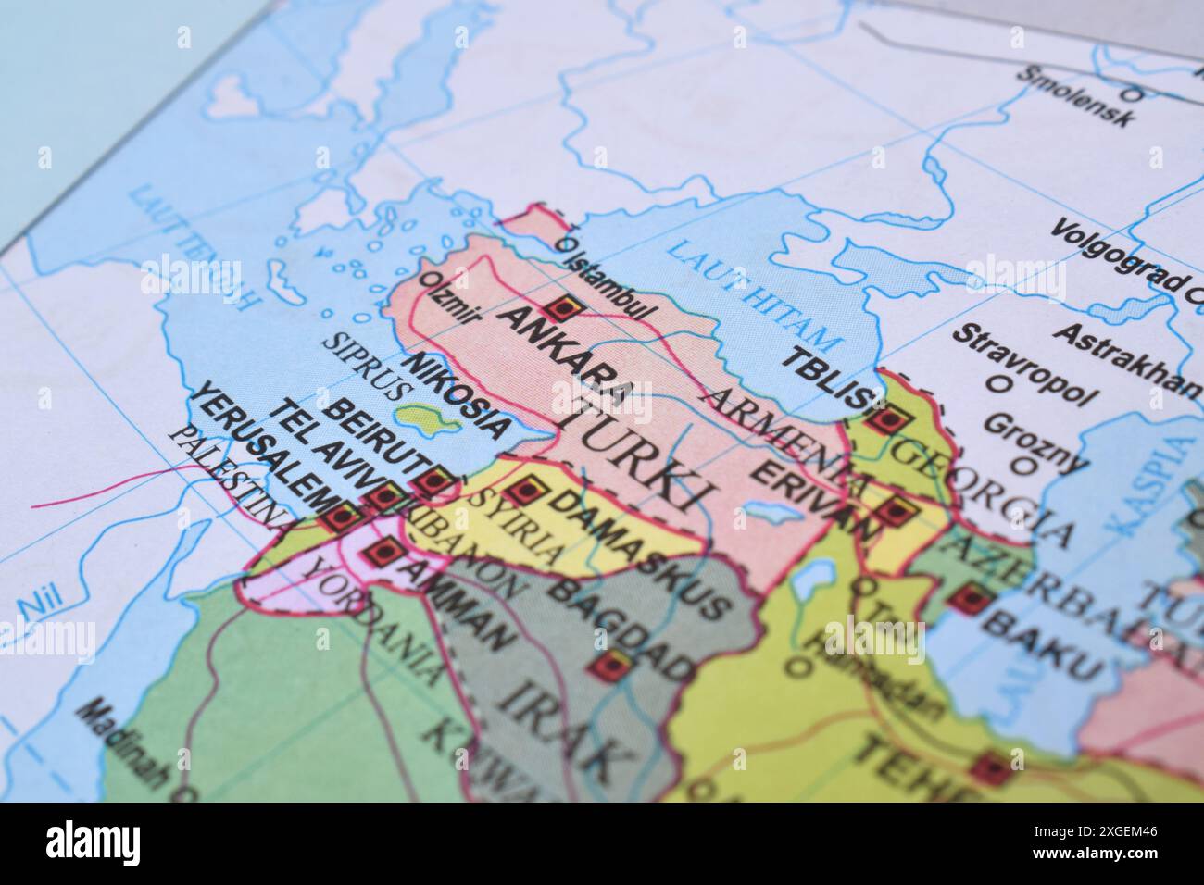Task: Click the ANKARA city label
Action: pos(566,357)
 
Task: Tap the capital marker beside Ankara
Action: pos(562,306)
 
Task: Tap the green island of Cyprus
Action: pos(426,421)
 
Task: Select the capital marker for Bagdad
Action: pos(611,665)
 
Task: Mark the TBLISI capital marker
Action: pos(886,420)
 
